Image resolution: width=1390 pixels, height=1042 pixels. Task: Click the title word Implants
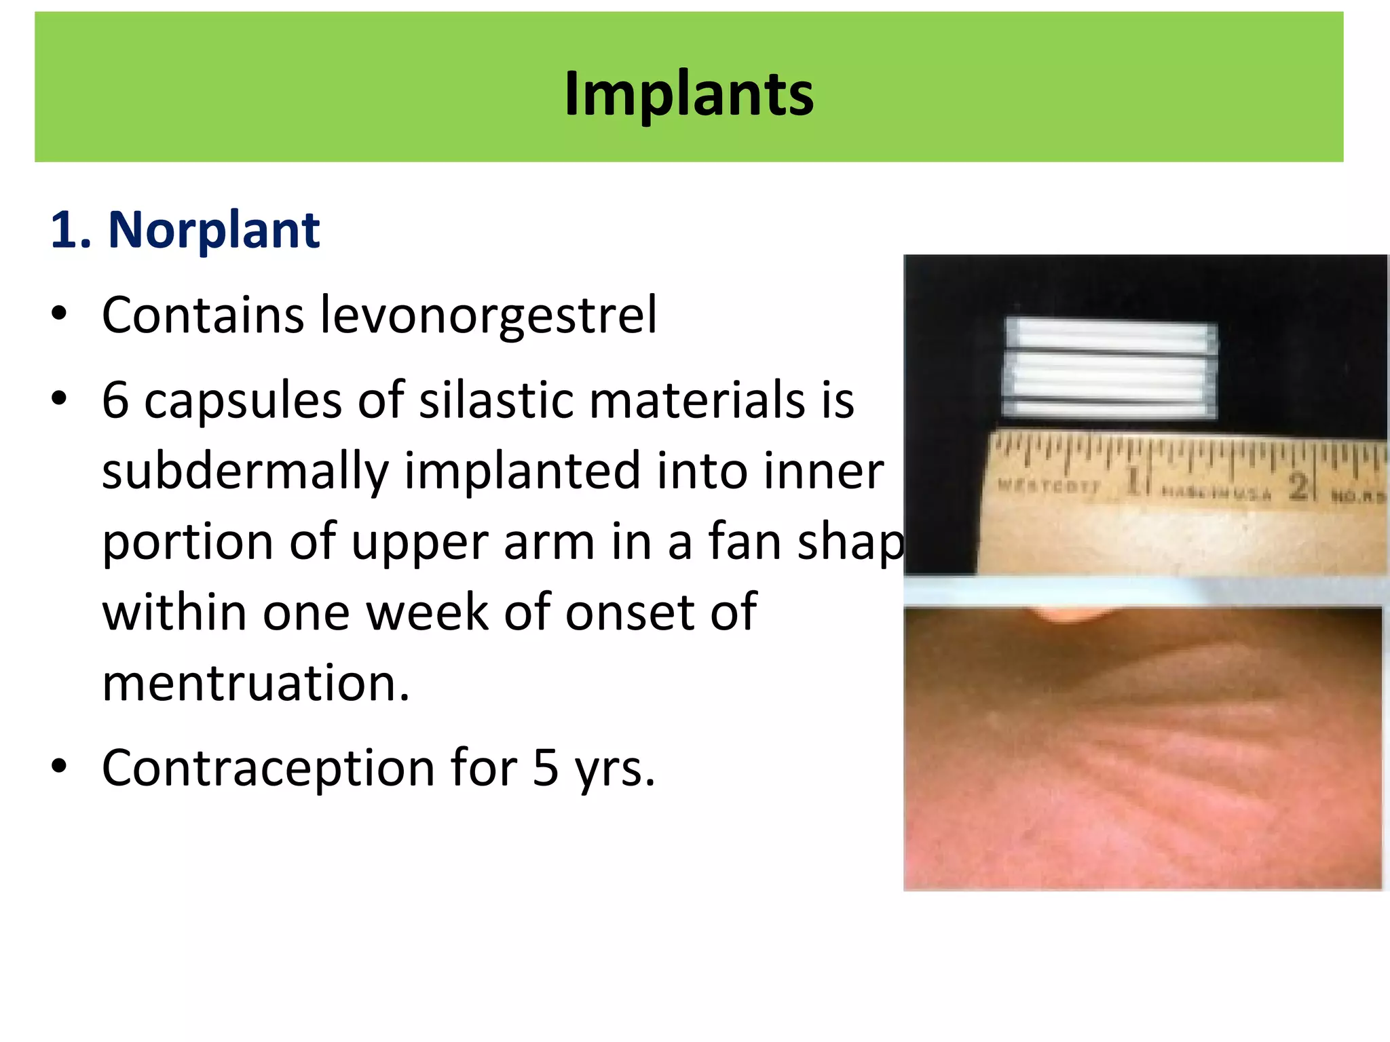click(688, 94)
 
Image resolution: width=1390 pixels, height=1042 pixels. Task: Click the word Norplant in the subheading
click(214, 231)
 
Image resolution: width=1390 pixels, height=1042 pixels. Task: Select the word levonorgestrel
click(488, 315)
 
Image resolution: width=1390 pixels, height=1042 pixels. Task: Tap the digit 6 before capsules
click(115, 400)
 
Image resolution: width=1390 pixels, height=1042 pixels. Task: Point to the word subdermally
click(244, 471)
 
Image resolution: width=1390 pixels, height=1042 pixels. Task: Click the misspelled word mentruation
click(256, 683)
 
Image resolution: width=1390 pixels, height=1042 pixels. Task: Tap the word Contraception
click(268, 769)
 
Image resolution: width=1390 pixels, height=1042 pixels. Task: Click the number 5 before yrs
click(546, 769)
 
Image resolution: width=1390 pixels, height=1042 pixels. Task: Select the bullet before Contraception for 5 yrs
click(60, 767)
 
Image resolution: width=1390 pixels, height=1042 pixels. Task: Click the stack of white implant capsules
click(1110, 368)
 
